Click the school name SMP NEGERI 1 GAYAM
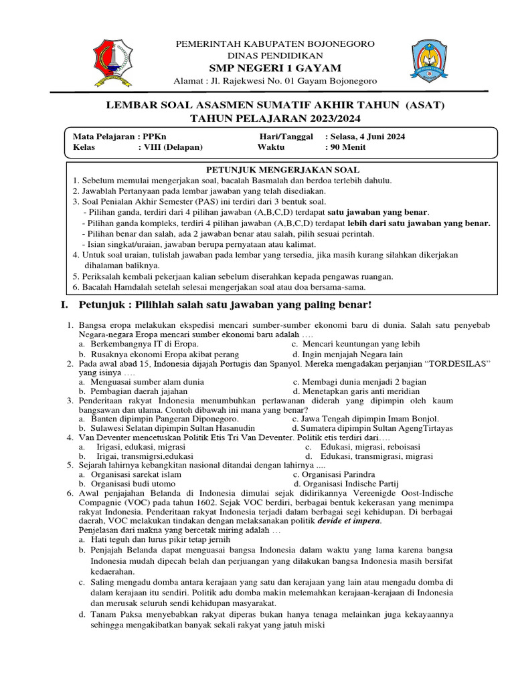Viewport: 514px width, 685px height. click(275, 68)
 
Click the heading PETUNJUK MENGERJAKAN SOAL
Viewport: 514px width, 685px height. click(281, 170)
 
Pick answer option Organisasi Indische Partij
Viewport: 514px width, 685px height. click(351, 484)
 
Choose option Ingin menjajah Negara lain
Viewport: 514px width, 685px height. click(347, 354)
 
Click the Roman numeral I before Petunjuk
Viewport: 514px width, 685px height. click(63, 306)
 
